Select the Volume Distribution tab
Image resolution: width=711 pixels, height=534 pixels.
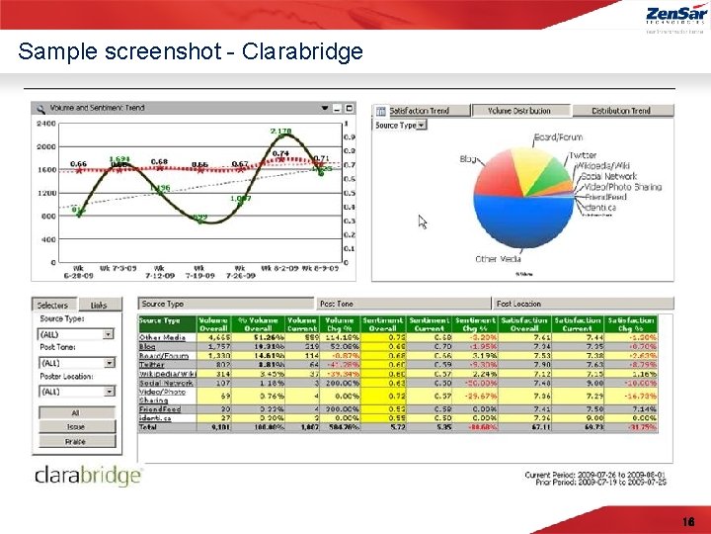pos(520,111)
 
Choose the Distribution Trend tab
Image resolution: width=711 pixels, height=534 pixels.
pos(620,111)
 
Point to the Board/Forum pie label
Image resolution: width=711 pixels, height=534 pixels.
pos(558,136)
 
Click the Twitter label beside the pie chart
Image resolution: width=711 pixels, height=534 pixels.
pos(582,155)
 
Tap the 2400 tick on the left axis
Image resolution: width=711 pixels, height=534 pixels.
pos(46,124)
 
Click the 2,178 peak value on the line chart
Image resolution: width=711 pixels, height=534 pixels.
pos(280,131)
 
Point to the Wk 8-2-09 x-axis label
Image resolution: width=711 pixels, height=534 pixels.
pos(278,268)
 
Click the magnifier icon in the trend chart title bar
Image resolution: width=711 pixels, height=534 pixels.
pos(39,108)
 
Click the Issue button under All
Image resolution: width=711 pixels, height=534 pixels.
pos(75,427)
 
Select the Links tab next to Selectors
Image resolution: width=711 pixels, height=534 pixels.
pos(98,305)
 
